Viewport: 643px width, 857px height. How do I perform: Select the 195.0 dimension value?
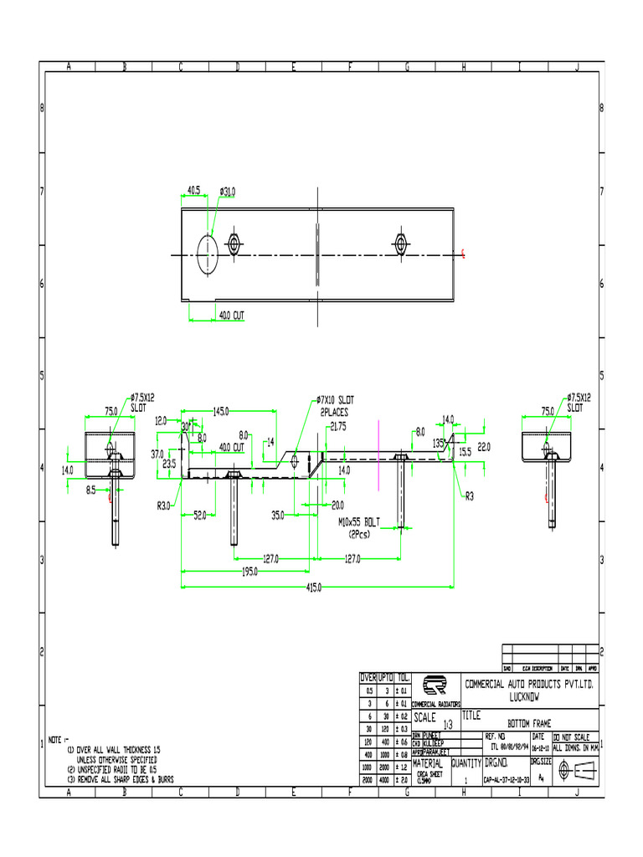pos(251,573)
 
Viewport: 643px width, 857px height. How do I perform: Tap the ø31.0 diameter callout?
pos(228,192)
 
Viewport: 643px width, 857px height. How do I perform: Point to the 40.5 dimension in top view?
pos(193,191)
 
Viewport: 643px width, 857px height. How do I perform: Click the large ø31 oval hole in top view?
pos(208,254)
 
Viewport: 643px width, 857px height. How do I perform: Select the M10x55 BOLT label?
pos(358,521)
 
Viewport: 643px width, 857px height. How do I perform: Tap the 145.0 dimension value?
pos(222,411)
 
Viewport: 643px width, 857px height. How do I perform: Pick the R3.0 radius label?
pos(163,505)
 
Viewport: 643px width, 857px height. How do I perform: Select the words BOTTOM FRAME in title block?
pos(529,722)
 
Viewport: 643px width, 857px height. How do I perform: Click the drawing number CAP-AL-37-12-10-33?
pos(505,780)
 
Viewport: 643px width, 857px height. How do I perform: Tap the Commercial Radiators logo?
pos(435,687)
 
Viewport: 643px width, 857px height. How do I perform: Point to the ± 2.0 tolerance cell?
pos(403,780)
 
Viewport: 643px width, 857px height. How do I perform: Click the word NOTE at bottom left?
pos(58,740)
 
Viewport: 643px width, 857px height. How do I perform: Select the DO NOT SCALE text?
pos(575,736)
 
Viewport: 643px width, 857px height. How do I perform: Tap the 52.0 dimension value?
pos(200,516)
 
